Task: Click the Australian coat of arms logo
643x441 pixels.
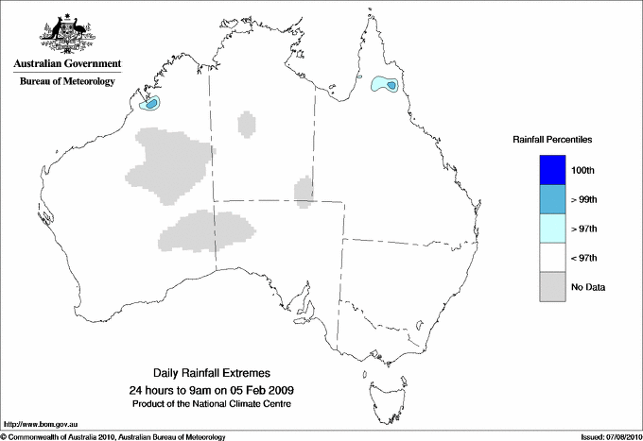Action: (x=66, y=34)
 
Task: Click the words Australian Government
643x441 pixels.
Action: (x=67, y=64)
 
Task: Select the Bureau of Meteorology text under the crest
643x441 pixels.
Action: (x=67, y=81)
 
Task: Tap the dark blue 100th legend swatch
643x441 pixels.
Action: (x=551, y=170)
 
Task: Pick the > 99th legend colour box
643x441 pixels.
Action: (x=551, y=199)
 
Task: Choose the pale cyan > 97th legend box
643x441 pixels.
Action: (x=551, y=229)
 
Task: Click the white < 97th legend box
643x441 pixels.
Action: (x=551, y=258)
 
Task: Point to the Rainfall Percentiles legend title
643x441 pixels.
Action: (x=552, y=139)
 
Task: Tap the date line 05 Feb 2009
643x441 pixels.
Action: (x=211, y=390)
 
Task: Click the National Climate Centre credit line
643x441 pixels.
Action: (x=211, y=403)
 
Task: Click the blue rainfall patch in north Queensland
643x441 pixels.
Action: (x=385, y=85)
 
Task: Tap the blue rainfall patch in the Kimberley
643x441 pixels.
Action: (x=152, y=102)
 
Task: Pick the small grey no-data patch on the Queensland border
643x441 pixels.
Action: (x=304, y=190)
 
